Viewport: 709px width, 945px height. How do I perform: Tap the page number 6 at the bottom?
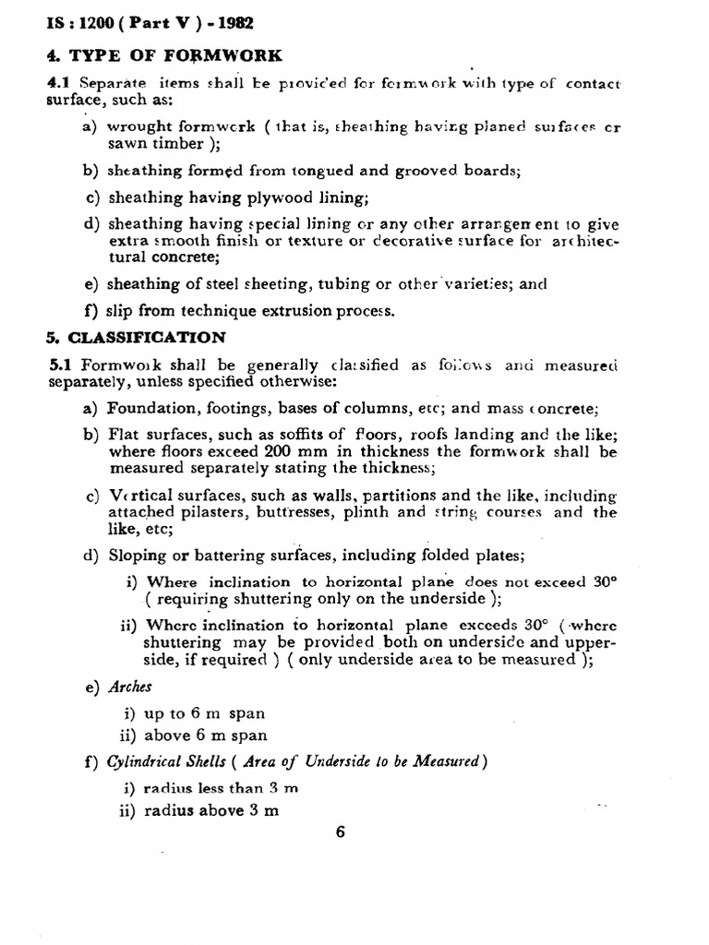coord(340,831)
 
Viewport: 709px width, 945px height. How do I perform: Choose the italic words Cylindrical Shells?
coord(166,761)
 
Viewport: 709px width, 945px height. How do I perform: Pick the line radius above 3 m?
coord(212,811)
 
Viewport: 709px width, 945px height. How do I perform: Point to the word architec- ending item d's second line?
coord(584,241)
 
